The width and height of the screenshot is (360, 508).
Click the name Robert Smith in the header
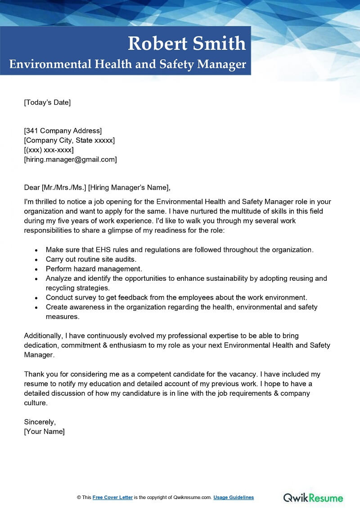(x=187, y=44)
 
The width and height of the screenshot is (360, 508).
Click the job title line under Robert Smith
(x=128, y=64)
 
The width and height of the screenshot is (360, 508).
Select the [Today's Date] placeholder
(x=47, y=102)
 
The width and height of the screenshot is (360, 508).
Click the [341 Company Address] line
(x=63, y=131)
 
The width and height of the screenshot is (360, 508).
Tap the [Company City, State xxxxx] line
(x=69, y=140)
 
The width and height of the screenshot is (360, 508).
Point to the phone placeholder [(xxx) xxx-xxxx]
(x=49, y=150)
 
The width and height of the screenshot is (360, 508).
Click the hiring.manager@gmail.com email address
(x=70, y=159)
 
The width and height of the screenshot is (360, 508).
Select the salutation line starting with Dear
(x=98, y=187)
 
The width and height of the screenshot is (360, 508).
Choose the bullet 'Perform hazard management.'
(x=94, y=269)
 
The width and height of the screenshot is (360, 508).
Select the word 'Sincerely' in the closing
(x=40, y=422)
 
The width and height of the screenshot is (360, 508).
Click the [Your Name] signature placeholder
(x=44, y=431)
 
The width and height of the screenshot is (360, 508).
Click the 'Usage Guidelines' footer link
(x=234, y=497)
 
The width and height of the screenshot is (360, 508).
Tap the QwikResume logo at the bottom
(x=313, y=497)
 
